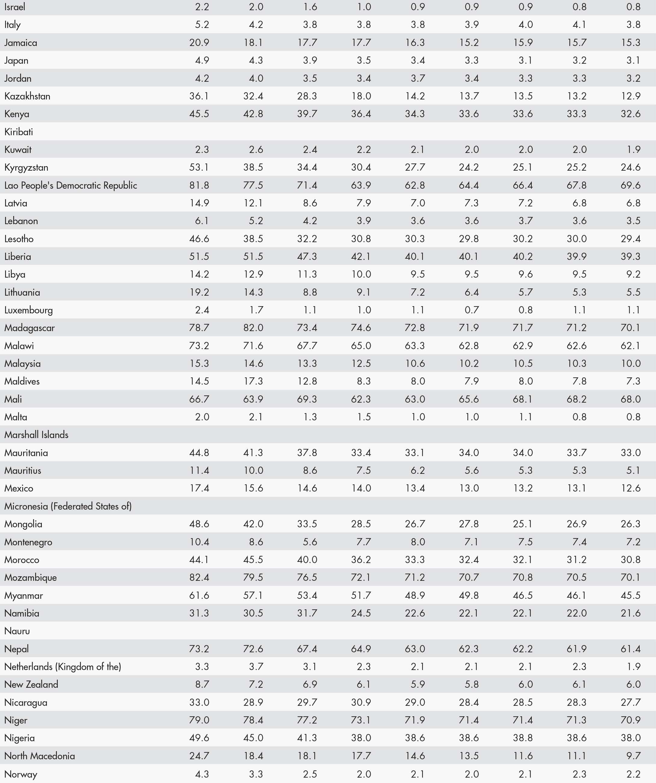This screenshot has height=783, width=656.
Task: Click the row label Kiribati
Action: point(19,132)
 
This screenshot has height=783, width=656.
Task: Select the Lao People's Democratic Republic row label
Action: point(70,185)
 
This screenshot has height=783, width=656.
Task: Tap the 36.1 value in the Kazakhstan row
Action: point(199,96)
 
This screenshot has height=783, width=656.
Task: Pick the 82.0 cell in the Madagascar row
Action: point(253,328)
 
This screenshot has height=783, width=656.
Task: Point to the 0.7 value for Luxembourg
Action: point(472,310)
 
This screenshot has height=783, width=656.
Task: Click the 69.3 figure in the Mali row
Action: point(307,399)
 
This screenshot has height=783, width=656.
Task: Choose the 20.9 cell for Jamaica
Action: point(199,42)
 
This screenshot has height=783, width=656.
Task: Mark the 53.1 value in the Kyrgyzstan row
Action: point(199,167)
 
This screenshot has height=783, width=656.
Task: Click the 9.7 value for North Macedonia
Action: point(633,756)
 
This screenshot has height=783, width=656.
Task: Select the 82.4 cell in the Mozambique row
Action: point(199,577)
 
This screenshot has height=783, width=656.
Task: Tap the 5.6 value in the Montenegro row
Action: point(310,542)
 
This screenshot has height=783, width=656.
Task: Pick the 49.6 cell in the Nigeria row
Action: point(199,738)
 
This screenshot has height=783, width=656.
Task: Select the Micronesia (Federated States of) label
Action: point(68,506)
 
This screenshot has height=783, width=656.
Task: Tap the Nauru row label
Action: point(17,631)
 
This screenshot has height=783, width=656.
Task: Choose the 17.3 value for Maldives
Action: point(253,381)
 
